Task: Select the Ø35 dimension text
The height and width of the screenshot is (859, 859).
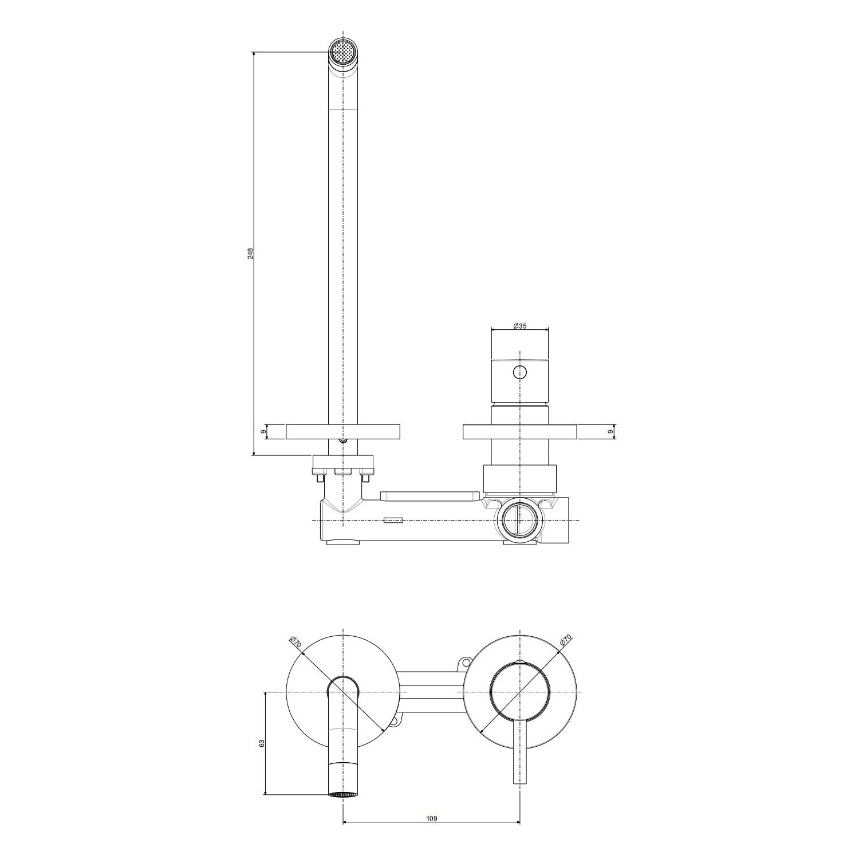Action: tap(519, 326)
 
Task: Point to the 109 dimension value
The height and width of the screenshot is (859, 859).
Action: tap(432, 818)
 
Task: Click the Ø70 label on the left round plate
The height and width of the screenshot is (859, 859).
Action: tap(296, 641)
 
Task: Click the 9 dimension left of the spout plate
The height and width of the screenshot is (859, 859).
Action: tap(263, 431)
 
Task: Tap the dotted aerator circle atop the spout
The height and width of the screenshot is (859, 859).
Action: tap(342, 53)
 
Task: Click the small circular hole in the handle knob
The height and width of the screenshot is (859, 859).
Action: tap(519, 372)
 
